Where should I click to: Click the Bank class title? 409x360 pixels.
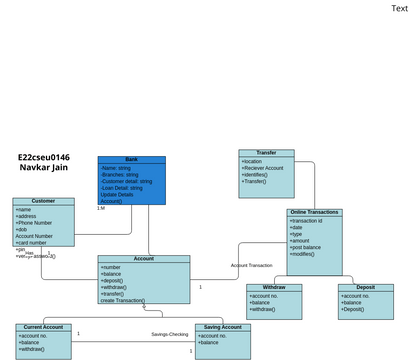pos(131,159)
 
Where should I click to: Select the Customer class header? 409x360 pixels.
pos(43,201)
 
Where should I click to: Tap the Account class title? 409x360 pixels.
pos(143,259)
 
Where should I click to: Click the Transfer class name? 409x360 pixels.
pos(266,153)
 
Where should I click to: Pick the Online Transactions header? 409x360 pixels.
pos(314,212)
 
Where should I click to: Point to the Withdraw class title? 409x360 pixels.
pos(273,288)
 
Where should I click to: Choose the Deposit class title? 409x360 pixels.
pos(365,288)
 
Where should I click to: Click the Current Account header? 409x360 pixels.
pos(43,327)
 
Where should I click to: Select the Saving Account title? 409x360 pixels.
pos(222,327)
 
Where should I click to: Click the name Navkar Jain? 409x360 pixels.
pos(44,168)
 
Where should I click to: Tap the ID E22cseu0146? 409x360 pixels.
pos(44,157)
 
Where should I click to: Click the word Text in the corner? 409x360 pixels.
pos(399,8)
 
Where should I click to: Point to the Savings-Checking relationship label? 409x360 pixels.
pos(170,334)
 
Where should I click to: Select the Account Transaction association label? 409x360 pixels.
pos(251,265)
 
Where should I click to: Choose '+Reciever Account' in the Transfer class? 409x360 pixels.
pos(263,168)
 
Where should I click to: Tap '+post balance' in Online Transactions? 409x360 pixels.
pos(307,247)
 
